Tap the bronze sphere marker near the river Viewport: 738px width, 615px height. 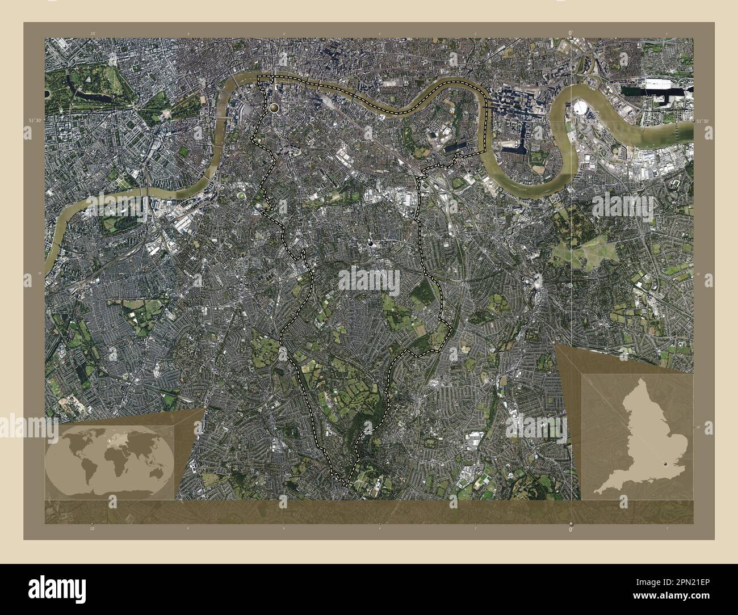click(x=275, y=107)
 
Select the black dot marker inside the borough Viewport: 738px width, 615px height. click(x=371, y=243)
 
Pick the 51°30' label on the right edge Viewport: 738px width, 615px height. click(x=702, y=121)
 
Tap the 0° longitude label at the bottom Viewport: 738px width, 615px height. click(x=570, y=529)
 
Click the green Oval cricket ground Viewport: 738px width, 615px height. click(x=242, y=196)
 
